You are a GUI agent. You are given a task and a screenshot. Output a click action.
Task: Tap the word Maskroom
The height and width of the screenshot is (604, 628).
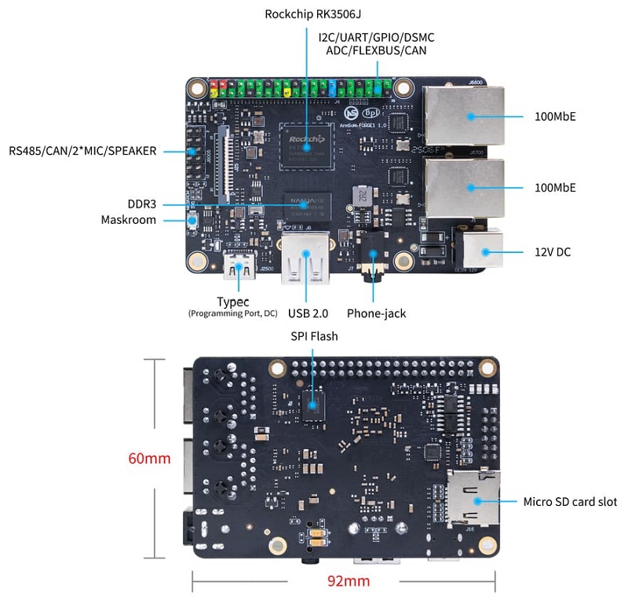129,220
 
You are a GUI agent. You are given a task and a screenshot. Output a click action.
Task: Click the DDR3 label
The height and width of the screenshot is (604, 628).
141,203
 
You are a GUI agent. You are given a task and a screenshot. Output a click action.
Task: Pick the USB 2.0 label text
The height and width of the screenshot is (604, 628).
307,313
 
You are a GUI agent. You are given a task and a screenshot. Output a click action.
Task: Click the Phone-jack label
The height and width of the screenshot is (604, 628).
376,313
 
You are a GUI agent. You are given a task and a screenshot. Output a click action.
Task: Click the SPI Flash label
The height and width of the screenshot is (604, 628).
312,336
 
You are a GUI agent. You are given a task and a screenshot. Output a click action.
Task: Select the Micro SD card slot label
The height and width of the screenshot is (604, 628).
570,501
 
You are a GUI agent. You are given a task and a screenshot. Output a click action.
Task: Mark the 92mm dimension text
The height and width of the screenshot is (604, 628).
348,582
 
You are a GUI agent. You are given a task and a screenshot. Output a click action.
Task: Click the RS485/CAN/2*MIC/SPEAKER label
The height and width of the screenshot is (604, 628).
82,150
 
